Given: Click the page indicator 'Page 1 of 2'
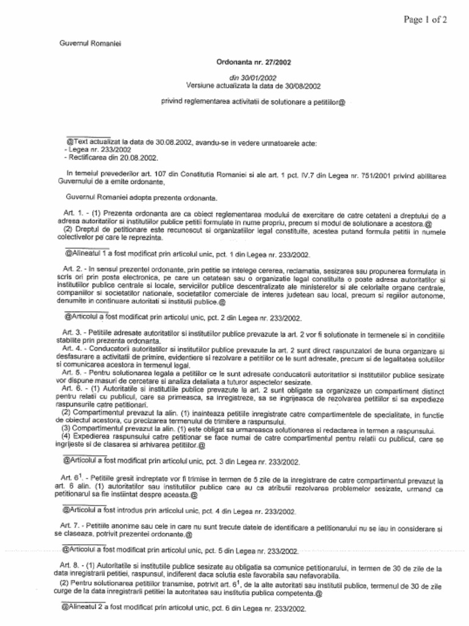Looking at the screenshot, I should (425, 20).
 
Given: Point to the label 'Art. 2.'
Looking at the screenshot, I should (74, 270).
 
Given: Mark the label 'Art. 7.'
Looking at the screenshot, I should (71, 526).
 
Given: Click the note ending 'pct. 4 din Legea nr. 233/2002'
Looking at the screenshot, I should (180, 511).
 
